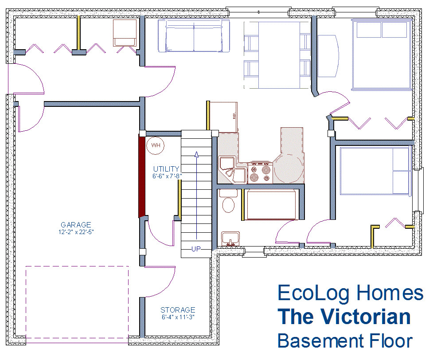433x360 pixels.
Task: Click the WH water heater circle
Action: tap(156, 145)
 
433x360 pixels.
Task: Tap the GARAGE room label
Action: tap(76, 225)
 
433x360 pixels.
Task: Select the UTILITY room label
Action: tap(166, 169)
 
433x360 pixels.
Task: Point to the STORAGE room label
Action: tap(178, 310)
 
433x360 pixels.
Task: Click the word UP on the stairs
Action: tap(196, 249)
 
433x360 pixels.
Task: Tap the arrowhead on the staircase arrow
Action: tap(197, 154)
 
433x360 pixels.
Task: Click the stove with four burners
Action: tap(260, 172)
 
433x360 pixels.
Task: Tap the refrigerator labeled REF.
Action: tap(224, 117)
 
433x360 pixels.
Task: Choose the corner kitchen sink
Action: tap(232, 170)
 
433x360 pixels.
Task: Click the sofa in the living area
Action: tap(194, 35)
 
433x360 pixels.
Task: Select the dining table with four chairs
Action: tap(277, 55)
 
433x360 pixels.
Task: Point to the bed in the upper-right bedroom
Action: tap(382, 54)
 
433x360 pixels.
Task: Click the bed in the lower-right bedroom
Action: tap(375, 171)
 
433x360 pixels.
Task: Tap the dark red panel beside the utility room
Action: tap(142, 176)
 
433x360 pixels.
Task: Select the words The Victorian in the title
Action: tap(344, 317)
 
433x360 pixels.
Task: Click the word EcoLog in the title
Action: tap(313, 293)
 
